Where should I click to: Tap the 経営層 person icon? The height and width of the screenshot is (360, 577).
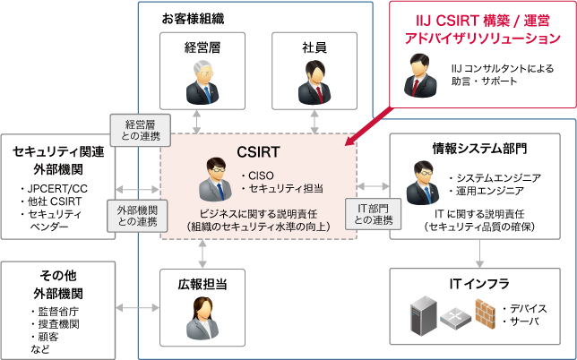coord(202,81)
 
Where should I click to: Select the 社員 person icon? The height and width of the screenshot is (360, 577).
coord(314,81)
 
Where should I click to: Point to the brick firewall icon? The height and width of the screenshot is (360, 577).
coord(486,313)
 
